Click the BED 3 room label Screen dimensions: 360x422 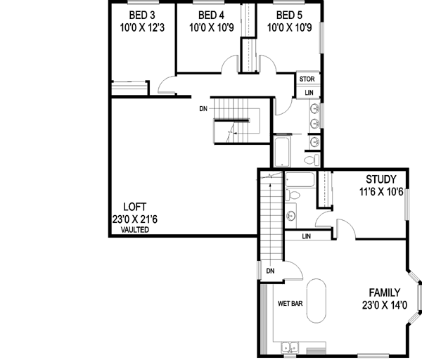pos(141,15)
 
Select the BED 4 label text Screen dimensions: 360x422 pos(211,15)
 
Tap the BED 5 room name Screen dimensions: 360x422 pos(288,15)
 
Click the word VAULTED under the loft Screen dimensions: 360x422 pos(134,230)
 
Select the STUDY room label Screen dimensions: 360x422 pos(381,179)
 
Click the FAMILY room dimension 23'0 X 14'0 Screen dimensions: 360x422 pos(380,305)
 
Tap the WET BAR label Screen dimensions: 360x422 pos(291,304)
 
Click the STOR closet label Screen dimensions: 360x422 pos(307,79)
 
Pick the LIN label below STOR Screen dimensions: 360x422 pos(308,93)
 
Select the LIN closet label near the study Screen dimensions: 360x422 pos(307,237)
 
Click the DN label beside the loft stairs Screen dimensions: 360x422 pos(203,109)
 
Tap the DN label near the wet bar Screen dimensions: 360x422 pos(270,270)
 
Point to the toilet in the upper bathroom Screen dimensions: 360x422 pos(314,143)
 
